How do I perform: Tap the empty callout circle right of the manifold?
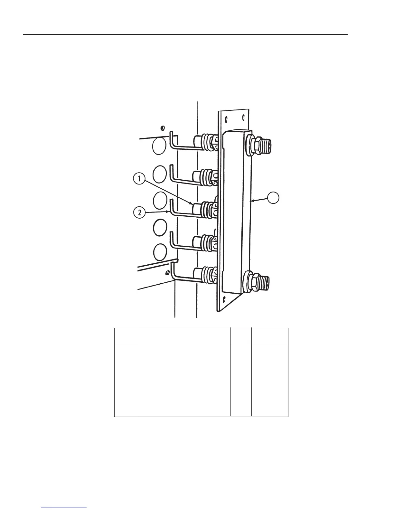(273, 198)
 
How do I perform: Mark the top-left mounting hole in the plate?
(227, 118)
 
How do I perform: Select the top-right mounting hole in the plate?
(243, 117)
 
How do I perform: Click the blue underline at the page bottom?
(64, 507)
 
